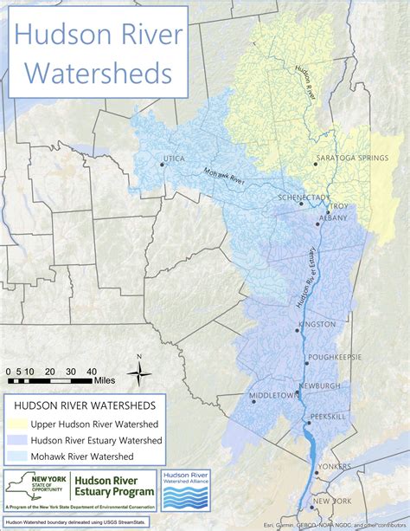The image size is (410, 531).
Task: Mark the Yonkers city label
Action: coord(334,466)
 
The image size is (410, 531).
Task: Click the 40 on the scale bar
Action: coord(90,370)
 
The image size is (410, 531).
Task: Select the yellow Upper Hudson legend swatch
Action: coord(21,424)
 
